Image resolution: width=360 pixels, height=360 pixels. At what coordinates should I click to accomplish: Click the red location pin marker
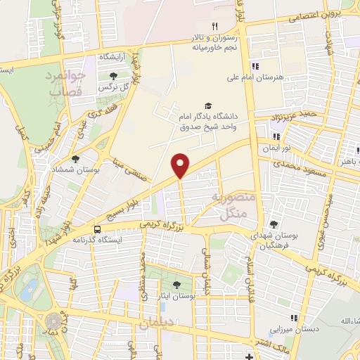[181, 165]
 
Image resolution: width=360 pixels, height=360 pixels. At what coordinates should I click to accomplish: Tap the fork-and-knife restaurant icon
[205, 26]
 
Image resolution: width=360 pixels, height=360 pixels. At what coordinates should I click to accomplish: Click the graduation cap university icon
[207, 103]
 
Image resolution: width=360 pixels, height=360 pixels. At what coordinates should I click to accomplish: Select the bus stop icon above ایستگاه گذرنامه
[96, 229]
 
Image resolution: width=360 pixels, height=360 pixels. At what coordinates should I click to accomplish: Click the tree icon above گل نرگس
[112, 74]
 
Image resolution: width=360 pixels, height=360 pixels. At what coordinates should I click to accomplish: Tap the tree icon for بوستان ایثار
[176, 285]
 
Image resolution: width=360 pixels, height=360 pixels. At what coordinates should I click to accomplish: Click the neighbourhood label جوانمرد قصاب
[67, 83]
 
